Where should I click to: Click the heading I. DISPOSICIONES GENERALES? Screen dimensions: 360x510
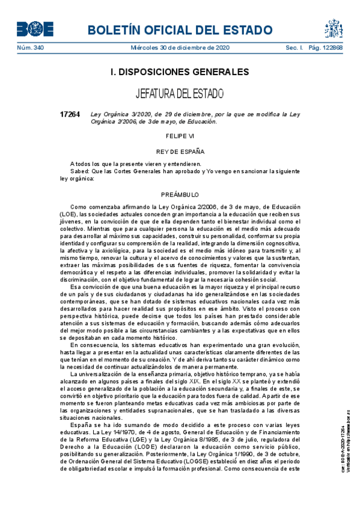pyautogui.click(x=180, y=72)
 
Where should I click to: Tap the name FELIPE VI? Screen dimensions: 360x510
pyautogui.click(x=180, y=137)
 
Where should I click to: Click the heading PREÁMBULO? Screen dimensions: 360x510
pyautogui.click(x=180, y=195)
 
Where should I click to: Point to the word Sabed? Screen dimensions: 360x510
pyautogui.click(x=79, y=171)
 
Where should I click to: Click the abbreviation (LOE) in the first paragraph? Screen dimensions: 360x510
pyautogui.click(x=69, y=214)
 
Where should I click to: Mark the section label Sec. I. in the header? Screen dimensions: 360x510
pyautogui.click(x=294, y=48)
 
